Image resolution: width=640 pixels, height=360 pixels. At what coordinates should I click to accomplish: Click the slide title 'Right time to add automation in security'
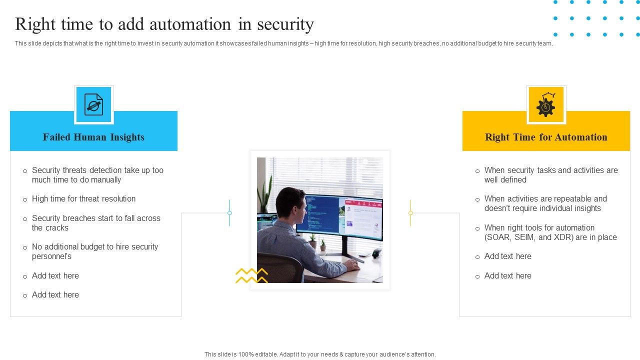tap(164, 24)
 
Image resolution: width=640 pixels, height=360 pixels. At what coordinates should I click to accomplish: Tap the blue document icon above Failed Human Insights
tap(94, 104)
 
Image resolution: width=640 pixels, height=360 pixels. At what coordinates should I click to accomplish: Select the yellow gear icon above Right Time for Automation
tap(546, 104)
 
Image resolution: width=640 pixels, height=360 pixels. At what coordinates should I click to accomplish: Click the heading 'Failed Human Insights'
tap(93, 137)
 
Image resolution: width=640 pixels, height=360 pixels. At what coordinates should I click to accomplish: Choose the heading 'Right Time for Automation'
tap(546, 137)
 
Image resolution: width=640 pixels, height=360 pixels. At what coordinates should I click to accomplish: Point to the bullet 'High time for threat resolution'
tap(83, 199)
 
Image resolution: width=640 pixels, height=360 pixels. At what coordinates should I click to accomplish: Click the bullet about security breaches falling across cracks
tap(96, 223)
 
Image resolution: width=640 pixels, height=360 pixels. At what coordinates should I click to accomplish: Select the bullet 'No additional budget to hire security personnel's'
tap(95, 251)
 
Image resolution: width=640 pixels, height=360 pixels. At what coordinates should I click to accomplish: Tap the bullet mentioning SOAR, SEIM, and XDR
tap(550, 232)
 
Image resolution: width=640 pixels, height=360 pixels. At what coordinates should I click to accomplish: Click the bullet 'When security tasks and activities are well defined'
tap(551, 175)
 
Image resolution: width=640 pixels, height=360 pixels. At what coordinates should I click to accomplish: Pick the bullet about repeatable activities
tap(545, 203)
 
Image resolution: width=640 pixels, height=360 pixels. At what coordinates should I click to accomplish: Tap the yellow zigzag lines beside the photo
tap(251, 275)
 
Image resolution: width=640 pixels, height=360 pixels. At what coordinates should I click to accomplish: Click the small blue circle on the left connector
tap(229, 213)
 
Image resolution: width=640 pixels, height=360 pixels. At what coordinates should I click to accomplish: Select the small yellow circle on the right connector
tap(410, 213)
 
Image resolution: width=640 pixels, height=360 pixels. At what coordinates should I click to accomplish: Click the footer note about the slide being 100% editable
tap(320, 354)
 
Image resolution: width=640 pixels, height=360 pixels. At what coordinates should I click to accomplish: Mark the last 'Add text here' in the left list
tap(55, 295)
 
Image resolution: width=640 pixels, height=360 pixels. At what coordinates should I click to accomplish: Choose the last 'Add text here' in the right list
tap(507, 276)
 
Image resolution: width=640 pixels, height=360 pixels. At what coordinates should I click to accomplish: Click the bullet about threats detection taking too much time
tap(97, 175)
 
